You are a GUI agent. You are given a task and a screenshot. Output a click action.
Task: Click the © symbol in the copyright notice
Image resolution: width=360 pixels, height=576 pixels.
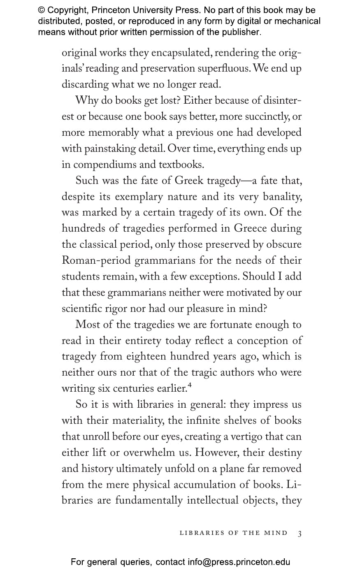[42, 10]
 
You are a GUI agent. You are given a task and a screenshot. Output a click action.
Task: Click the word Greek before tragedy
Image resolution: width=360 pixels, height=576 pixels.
[189, 181]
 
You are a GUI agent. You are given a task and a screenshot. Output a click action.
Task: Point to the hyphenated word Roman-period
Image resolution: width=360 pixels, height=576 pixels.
[96, 260]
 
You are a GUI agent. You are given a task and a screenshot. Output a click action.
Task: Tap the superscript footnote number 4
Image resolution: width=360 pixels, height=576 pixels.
[190, 386]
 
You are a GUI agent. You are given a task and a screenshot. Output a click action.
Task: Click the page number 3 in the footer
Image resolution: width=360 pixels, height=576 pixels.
[300, 534]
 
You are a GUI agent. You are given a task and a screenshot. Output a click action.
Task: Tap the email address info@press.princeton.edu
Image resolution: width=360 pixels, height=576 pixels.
[239, 562]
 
